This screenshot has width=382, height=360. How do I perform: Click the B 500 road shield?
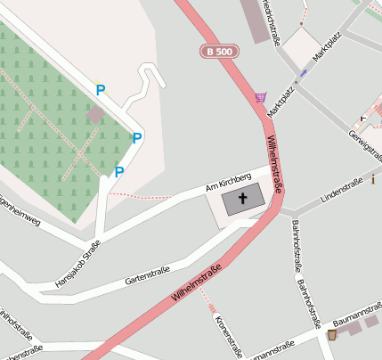(220, 53)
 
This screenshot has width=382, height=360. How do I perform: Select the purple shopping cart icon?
(260, 97)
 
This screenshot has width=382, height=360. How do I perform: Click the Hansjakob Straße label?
(77, 261)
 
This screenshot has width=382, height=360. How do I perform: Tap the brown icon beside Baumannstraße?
(332, 335)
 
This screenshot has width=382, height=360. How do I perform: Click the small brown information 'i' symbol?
(374, 180)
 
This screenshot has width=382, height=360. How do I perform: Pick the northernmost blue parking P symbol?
(101, 90)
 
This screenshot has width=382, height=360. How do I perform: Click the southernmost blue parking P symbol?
(119, 172)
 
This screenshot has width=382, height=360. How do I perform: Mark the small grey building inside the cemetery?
(95, 115)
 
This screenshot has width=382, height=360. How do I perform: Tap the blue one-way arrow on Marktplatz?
(303, 72)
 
